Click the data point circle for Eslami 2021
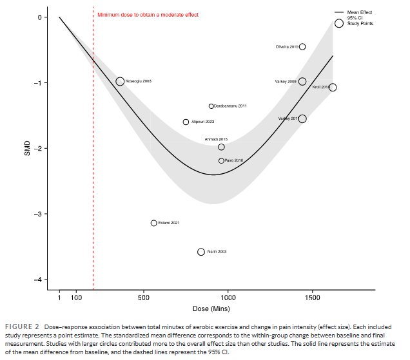tap(154, 223)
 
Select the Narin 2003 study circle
tap(201, 252)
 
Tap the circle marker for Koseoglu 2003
tap(120, 81)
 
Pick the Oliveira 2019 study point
tap(302, 46)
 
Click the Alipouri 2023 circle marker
tap(186, 122)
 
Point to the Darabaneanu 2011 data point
tap(211, 106)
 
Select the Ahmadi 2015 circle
tap(221, 147)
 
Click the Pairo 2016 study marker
tap(221, 160)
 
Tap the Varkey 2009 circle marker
tap(302, 81)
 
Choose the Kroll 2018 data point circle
tap(333, 87)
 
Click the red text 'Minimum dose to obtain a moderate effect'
tap(148, 14)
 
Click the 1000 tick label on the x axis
tap(228, 298)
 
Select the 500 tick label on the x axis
tap(144, 298)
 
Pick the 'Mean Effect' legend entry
tap(360, 12)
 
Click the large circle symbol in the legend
tap(339, 23)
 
